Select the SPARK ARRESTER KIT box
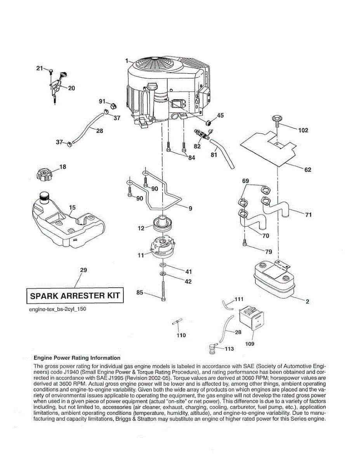[75, 296]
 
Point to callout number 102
[303, 130]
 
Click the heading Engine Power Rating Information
[77, 358]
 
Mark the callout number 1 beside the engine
[127, 61]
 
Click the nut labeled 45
[209, 122]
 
